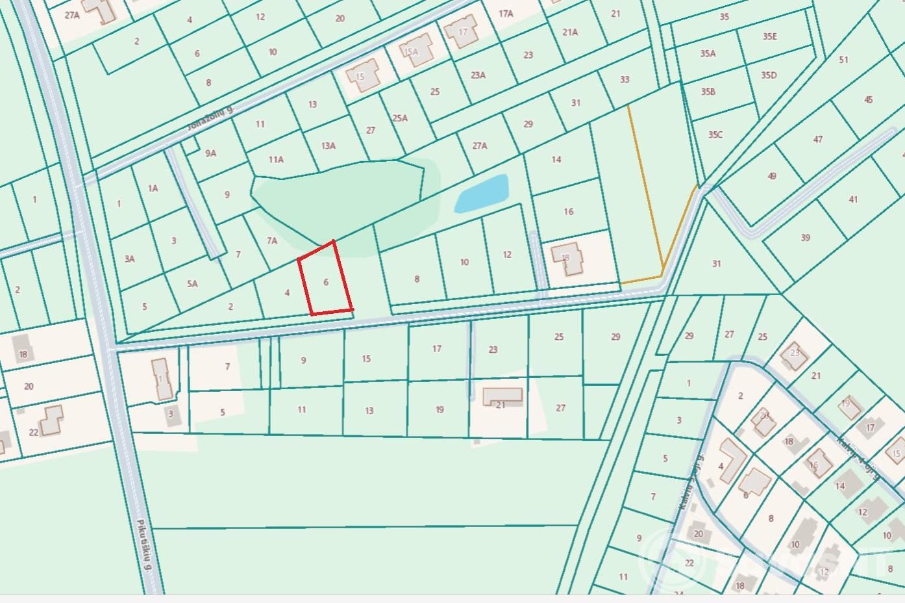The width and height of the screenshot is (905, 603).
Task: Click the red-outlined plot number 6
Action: click(326, 282)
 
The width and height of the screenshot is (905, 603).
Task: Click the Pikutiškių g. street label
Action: click(144, 545)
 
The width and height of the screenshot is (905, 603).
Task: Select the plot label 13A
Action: click(329, 146)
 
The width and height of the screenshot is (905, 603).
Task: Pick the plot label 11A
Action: click(276, 159)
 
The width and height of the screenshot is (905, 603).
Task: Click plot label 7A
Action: click(272, 240)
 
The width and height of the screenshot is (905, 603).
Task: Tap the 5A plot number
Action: click(192, 283)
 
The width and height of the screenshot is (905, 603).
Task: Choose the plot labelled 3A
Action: click(130, 259)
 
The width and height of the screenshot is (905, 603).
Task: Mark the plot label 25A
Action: click(400, 118)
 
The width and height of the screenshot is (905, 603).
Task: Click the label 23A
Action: click(478, 75)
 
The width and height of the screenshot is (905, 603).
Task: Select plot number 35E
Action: click(769, 36)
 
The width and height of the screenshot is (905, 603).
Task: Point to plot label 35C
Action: click(715, 135)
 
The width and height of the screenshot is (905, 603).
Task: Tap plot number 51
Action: click(843, 60)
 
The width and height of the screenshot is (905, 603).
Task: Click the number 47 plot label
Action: click(818, 139)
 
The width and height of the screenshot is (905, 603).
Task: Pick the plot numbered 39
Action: click(805, 237)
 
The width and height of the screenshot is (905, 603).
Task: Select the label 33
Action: click(625, 79)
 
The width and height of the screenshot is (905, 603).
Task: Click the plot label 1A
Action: click(153, 188)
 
